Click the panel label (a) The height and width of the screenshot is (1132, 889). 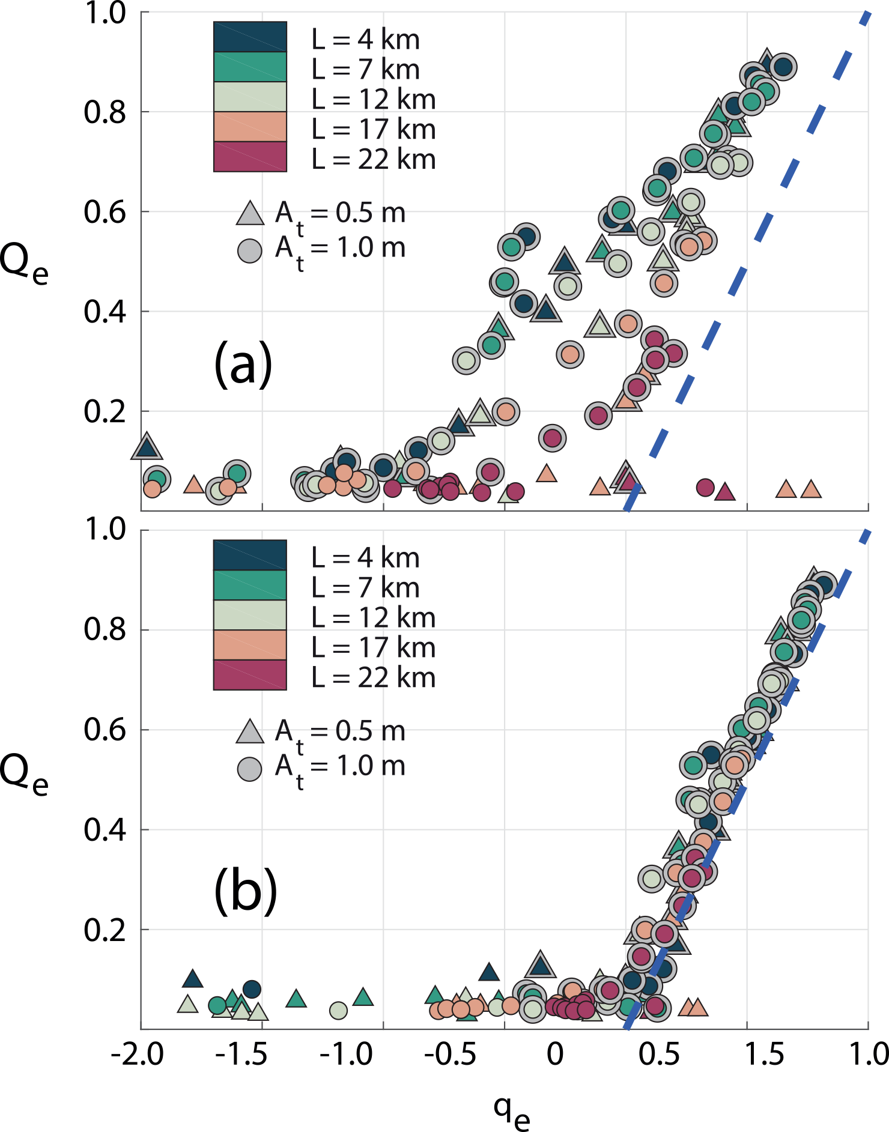(243, 363)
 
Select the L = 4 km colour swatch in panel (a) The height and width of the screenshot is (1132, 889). (250, 37)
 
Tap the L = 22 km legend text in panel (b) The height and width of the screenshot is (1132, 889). (373, 677)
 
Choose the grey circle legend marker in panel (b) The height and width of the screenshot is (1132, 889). (250, 769)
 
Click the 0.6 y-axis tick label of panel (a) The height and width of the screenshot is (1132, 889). (105, 213)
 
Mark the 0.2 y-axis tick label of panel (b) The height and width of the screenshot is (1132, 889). (105, 930)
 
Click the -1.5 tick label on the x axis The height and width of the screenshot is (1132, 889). (242, 1055)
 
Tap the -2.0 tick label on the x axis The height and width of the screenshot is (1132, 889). (137, 1055)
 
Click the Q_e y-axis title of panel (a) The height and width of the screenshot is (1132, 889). (24, 264)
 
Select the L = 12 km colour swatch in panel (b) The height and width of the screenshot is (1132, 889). (250, 615)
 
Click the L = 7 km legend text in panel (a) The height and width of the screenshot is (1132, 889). (365, 70)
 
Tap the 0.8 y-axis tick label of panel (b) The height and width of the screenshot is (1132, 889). (105, 630)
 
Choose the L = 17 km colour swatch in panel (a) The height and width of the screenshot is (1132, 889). (250, 127)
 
